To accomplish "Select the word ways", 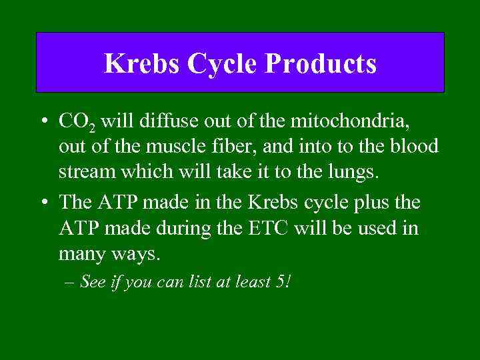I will coord(141,255).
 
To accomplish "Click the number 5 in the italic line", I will coord(279,282).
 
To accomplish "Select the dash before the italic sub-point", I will coord(71,283).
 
